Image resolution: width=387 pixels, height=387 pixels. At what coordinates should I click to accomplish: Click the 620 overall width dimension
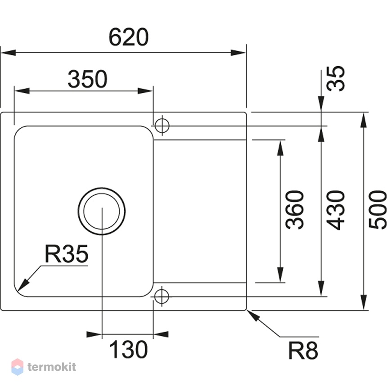(x=129, y=37)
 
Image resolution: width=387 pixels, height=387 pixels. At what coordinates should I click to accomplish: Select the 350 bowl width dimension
(x=88, y=79)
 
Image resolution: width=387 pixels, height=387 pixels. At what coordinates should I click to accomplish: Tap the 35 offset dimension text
(x=335, y=78)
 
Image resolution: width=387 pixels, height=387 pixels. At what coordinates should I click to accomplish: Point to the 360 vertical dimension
(x=294, y=210)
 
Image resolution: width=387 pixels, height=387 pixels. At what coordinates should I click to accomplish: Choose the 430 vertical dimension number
(x=335, y=210)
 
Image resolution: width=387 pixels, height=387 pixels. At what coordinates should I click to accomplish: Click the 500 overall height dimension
(x=377, y=210)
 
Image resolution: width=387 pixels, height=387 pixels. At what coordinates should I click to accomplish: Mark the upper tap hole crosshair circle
(x=162, y=126)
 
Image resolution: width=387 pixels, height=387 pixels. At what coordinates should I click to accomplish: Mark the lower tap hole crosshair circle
(x=162, y=296)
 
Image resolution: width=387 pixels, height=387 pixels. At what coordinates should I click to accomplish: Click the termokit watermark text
(x=52, y=367)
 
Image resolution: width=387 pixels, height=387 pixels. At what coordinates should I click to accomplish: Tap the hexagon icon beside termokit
(x=18, y=367)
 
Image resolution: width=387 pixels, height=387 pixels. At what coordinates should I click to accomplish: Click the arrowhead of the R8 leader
(x=253, y=316)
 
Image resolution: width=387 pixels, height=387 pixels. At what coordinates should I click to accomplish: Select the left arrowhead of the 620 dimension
(x=9, y=53)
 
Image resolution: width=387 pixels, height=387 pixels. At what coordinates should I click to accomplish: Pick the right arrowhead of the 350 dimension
(x=145, y=91)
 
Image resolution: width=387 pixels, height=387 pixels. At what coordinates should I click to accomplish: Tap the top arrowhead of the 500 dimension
(x=364, y=121)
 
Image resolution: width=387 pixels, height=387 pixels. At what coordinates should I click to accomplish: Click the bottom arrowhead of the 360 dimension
(x=280, y=274)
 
